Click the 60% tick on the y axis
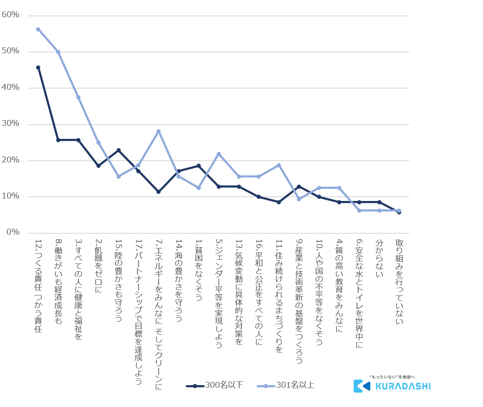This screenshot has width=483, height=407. click(x=10, y=15)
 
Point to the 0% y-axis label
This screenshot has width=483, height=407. click(x=12, y=232)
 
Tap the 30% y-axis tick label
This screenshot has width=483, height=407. click(x=10, y=124)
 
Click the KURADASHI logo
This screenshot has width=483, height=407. click(x=392, y=384)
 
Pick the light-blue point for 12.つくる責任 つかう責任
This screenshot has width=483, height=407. click(x=38, y=29)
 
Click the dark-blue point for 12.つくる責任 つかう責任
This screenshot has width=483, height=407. click(x=38, y=68)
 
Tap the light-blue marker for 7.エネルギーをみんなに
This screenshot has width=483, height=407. click(x=158, y=131)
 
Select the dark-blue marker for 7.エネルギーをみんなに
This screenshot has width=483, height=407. click(x=158, y=192)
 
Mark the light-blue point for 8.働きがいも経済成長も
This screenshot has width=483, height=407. click(x=58, y=52)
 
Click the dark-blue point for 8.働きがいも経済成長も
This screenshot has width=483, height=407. click(x=58, y=140)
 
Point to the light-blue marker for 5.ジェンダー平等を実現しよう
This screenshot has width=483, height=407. click(x=218, y=154)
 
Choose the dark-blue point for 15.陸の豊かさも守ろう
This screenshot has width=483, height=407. click(x=118, y=150)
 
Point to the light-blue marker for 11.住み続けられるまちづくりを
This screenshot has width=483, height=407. click(x=278, y=165)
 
